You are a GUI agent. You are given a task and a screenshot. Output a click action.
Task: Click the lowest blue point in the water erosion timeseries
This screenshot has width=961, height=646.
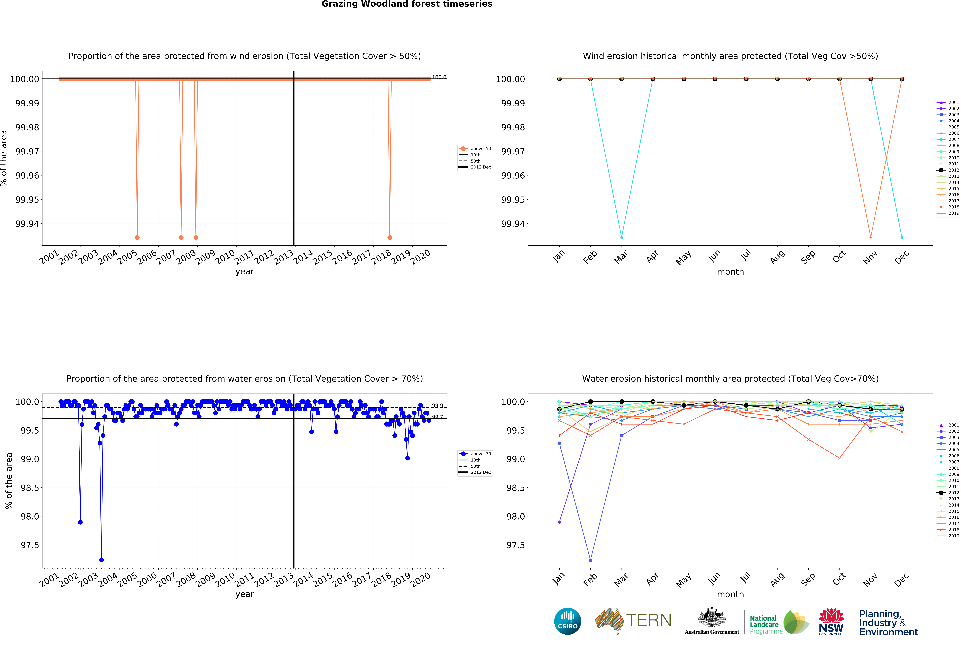[x=101, y=560]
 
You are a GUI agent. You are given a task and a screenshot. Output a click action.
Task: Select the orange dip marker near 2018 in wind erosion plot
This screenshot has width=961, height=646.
[x=390, y=237]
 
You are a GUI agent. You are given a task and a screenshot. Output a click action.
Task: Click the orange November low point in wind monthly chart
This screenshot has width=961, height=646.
[x=870, y=237]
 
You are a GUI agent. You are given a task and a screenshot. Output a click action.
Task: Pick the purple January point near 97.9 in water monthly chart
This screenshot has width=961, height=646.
[x=559, y=522]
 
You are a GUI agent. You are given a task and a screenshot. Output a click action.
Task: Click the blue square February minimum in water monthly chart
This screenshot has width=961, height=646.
[x=590, y=560]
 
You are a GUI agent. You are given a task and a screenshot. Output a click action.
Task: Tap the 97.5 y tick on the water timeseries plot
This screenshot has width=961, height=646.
[x=30, y=545]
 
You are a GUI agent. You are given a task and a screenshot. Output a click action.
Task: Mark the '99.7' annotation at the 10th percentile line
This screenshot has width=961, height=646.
[x=437, y=417]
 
